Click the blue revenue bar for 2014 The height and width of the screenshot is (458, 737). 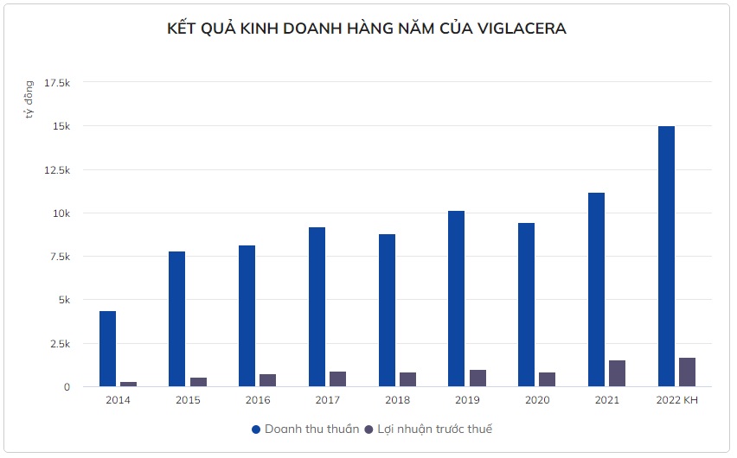pos(107,348)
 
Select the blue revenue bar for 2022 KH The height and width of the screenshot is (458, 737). pos(666,256)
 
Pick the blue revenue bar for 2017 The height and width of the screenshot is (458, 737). pos(317,307)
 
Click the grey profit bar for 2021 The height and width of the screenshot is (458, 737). pos(617,373)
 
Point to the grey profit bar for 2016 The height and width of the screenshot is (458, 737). pos(267,380)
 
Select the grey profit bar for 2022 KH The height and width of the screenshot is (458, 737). pos(687,372)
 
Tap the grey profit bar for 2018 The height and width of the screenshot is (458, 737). pos(407,379)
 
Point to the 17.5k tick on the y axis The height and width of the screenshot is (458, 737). pos(56,83)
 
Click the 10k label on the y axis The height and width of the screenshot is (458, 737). pos(61,213)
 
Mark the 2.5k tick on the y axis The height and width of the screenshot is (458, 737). pos(59,344)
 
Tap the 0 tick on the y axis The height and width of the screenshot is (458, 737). pos(66,387)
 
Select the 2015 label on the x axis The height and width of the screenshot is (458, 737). pos(188,400)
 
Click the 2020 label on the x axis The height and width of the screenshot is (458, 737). pos(537,400)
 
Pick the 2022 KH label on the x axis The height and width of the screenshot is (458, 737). pos(676,400)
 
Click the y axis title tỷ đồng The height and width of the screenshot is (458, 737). pos(29,99)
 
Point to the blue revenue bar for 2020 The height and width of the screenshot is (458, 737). pos(526,304)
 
